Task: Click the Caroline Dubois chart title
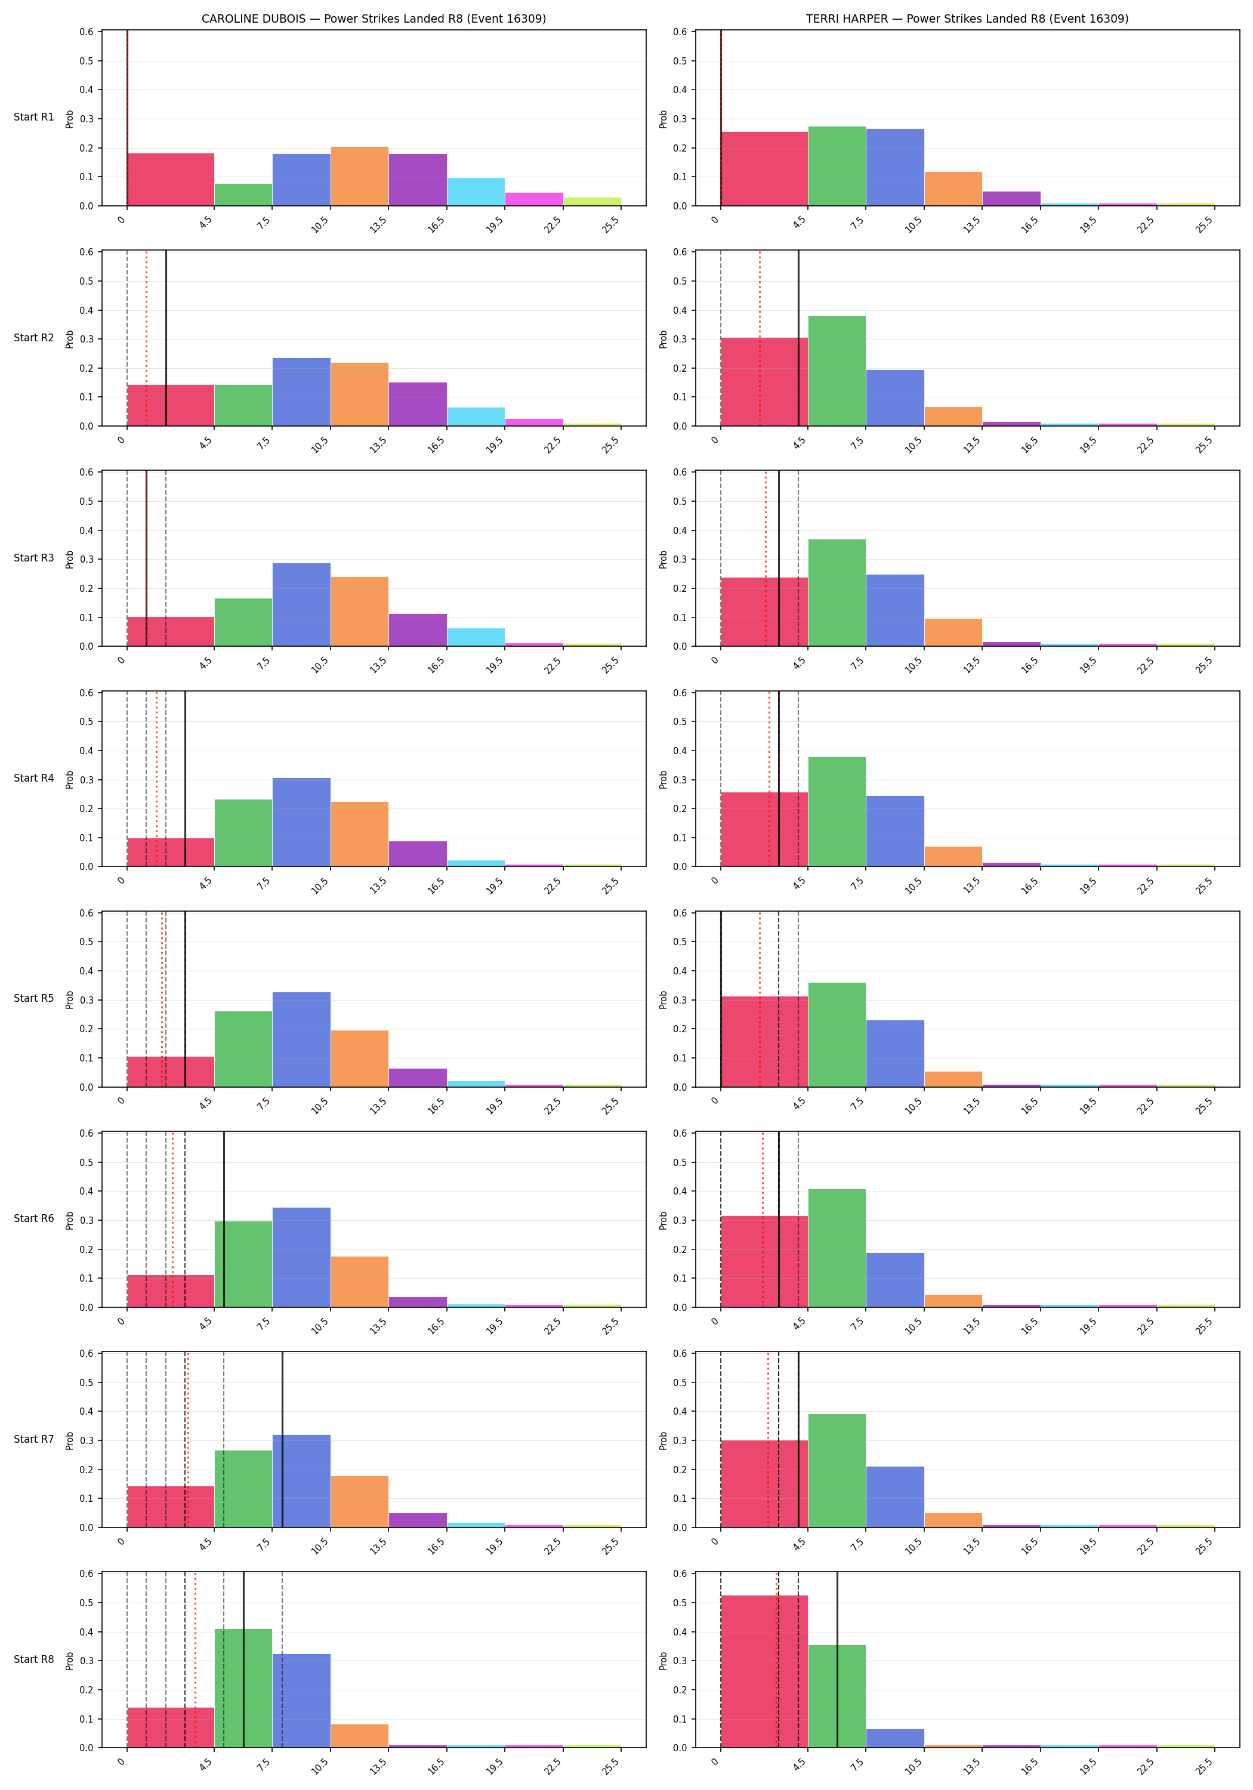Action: pos(374,18)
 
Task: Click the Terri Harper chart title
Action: pos(967,18)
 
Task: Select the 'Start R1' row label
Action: pos(33,117)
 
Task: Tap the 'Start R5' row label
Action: pos(33,998)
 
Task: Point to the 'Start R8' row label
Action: pos(33,1659)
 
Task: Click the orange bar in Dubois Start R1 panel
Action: pos(359,176)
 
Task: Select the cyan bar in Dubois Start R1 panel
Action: pos(476,192)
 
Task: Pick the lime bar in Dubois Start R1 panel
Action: pos(592,202)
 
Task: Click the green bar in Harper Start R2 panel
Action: pos(837,371)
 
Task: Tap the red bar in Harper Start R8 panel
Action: pos(764,1671)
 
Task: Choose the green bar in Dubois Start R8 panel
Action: pos(243,1688)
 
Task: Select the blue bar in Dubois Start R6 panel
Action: pos(301,1258)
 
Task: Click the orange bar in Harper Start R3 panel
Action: pos(953,632)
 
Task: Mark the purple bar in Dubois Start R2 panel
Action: pos(417,404)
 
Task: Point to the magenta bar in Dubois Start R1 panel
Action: pos(534,199)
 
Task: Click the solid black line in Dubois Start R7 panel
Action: pos(282,1439)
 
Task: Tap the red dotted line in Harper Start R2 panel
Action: pos(760,338)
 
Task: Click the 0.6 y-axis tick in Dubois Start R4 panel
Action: pos(86,692)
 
